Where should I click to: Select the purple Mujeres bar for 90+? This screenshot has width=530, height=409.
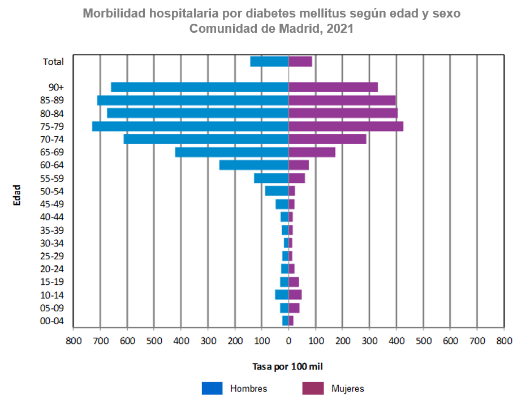tap(333, 87)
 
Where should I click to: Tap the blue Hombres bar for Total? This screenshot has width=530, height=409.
tap(269, 62)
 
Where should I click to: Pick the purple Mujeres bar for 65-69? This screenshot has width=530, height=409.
tap(312, 152)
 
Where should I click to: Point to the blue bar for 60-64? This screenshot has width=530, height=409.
tap(254, 165)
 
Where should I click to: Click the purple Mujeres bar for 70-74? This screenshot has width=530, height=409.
tap(328, 139)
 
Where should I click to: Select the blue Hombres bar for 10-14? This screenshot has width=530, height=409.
tap(282, 295)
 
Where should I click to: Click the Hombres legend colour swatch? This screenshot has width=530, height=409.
tap(212, 389)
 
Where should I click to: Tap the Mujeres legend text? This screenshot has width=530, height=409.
tap(347, 389)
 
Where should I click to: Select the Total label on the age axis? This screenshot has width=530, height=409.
tap(54, 62)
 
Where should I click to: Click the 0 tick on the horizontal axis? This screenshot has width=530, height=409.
tap(288, 341)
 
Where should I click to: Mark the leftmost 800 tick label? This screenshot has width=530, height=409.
tap(73, 341)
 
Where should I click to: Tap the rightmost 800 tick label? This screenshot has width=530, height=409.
tap(504, 341)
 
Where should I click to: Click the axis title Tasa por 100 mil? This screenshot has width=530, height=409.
tap(287, 367)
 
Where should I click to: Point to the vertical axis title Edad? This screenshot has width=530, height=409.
tap(17, 195)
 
